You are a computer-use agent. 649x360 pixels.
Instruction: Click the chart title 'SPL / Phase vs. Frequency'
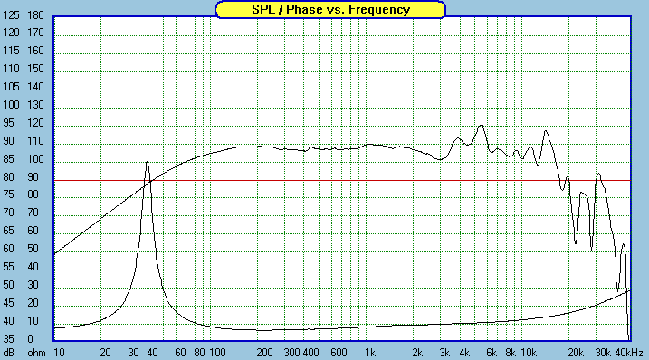coord(330,10)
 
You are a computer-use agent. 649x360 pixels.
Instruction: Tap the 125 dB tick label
coord(11,15)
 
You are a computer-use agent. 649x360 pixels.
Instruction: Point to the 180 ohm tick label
coord(35,15)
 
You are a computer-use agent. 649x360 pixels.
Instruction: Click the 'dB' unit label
coord(9,353)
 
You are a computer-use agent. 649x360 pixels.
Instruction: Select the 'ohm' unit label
coord(36,353)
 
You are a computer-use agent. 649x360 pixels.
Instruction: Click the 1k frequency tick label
coord(370,353)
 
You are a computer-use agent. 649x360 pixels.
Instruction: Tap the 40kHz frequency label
coord(629,353)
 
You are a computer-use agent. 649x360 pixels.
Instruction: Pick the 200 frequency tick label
coord(264,353)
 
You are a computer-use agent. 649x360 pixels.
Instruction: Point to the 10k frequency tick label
coord(529,353)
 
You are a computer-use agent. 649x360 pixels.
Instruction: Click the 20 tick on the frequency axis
coord(106,353)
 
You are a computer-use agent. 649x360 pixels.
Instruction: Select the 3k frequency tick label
coord(444,353)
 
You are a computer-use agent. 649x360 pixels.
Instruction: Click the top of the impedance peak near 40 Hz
coord(147,161)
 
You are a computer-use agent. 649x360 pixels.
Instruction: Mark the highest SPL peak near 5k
coord(481,125)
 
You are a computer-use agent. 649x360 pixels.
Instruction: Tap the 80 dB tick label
coord(8,177)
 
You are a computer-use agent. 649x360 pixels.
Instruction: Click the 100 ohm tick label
coord(35,159)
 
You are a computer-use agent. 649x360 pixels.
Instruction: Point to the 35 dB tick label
coord(8,339)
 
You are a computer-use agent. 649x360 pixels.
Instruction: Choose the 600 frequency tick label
coord(339,353)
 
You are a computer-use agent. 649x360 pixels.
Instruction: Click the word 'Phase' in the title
coord(304,10)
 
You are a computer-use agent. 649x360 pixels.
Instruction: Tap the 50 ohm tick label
coord(33,249)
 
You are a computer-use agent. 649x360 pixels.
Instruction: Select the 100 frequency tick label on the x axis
coord(218,353)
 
